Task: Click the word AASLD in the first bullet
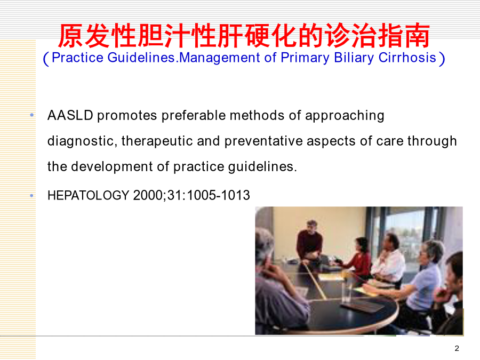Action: (x=70, y=115)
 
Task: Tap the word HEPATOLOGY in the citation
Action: (x=89, y=195)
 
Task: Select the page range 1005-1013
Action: (x=219, y=195)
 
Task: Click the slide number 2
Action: (x=457, y=348)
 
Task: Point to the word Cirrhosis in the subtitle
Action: (x=407, y=58)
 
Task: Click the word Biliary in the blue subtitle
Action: (x=354, y=58)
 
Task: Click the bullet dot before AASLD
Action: (x=32, y=115)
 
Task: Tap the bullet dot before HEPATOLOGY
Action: (x=32, y=195)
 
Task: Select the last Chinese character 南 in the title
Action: (x=417, y=36)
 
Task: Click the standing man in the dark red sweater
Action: (x=309, y=242)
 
